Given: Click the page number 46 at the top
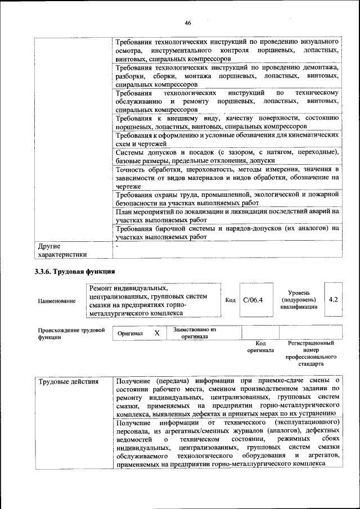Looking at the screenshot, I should [187, 22].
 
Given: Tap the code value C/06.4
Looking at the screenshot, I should [253, 300].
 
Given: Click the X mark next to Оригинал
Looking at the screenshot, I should [157, 333].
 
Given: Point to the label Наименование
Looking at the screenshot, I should [57, 301].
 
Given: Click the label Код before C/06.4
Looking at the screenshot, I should [230, 300].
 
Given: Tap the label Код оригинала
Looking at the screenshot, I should [260, 346].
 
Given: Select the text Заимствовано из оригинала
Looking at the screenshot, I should [195, 333].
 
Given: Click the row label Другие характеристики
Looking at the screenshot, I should [62, 250].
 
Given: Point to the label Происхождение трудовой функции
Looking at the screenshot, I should [71, 334].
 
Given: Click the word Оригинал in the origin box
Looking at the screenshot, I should [130, 334].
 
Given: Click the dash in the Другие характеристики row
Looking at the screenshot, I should [116, 246].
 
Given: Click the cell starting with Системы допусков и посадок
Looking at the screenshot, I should [227, 156].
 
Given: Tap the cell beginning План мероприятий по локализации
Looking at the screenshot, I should [227, 215].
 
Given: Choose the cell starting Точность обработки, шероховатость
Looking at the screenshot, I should [227, 177].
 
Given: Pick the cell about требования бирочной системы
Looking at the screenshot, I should [227, 233].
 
